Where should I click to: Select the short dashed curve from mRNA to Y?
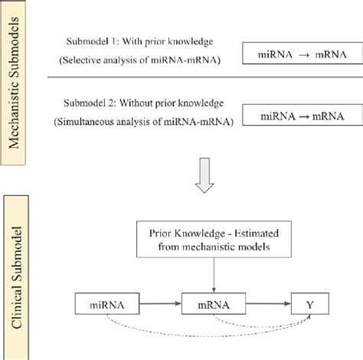pyautogui.click(x=268, y=325)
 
